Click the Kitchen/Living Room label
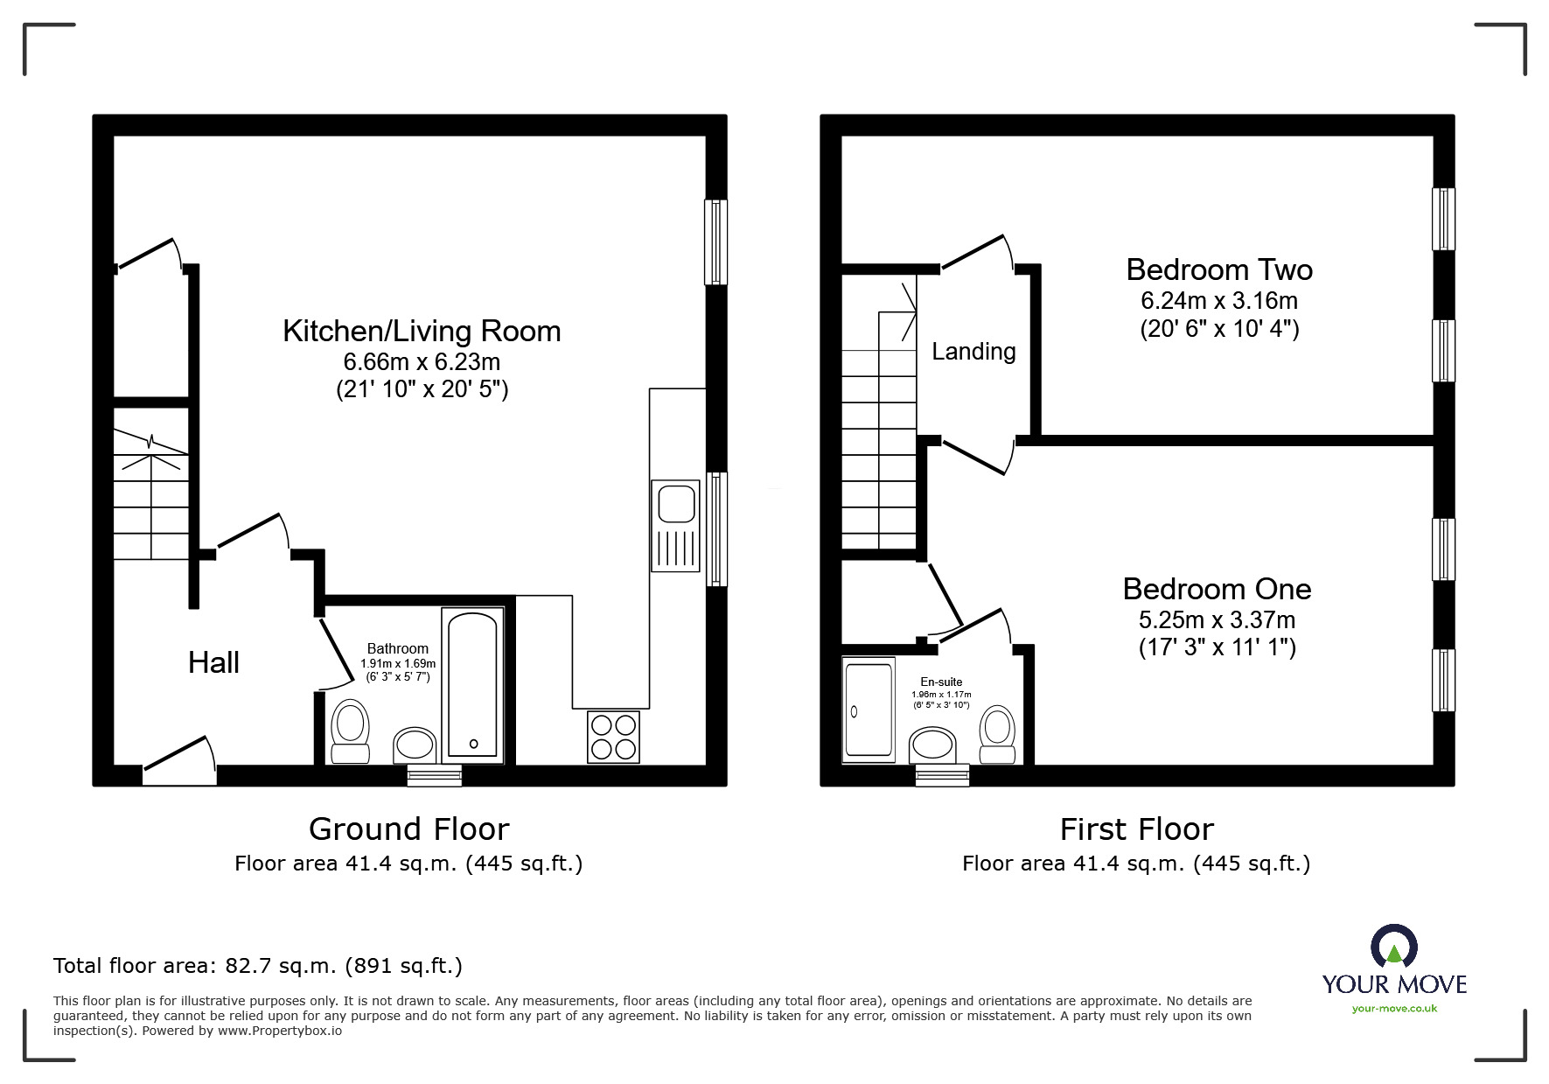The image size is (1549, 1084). coord(421,331)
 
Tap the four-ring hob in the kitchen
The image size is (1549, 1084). coord(613,737)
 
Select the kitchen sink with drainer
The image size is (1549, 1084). coord(675,526)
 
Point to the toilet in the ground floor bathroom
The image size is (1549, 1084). coord(351,731)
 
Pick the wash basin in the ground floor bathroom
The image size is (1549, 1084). coord(414,745)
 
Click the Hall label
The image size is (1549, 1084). coord(213,663)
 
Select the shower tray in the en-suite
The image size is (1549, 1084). coord(869,709)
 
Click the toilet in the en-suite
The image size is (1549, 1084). coord(997,734)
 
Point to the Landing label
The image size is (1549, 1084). coord(973,352)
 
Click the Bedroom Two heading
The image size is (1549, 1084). coord(1219,269)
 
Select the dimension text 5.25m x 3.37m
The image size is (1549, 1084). coord(1217,620)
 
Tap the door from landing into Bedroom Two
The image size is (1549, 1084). coord(975,251)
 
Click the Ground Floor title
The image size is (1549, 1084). coord(408,829)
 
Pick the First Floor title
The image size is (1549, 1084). coord(1136,829)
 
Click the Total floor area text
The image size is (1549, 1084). coord(258,966)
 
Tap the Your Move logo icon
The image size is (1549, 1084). coord(1393,948)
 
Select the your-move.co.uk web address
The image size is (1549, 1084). coord(1394,1009)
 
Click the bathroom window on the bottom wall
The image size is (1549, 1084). coord(435,774)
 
